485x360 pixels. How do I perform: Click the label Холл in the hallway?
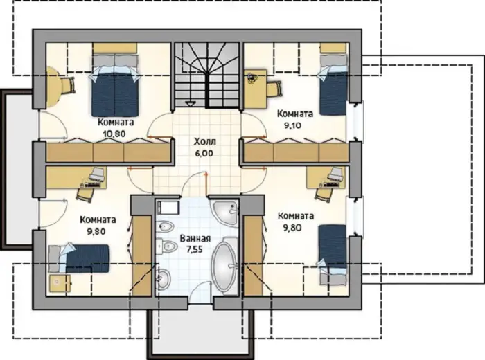pos(205,142)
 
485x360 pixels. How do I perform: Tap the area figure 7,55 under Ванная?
pos(195,249)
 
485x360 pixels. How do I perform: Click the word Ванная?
pos(195,238)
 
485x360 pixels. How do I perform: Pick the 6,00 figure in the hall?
pos(204,153)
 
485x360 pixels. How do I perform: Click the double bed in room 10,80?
pos(115,85)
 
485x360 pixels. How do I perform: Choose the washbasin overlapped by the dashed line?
pos(164,278)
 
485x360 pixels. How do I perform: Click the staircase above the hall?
pos(206,75)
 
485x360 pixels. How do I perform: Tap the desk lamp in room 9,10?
pos(252,78)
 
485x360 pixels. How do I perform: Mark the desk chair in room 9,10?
pos(274,89)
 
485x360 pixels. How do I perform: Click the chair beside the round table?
pos(69,85)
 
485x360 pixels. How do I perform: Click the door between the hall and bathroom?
pos(195,184)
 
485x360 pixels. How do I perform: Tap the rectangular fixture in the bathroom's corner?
pos(168,207)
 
